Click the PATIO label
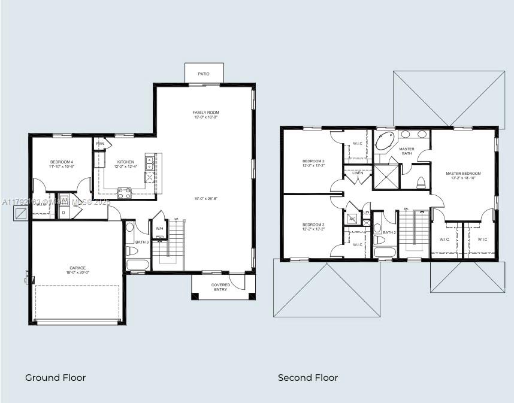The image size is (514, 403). click(x=204, y=74)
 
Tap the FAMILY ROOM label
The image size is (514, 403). click(x=205, y=113)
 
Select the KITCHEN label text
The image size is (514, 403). click(x=126, y=162)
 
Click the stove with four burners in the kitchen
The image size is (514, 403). click(x=125, y=193)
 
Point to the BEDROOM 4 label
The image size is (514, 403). click(x=61, y=162)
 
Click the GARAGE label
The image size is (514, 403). click(x=77, y=268)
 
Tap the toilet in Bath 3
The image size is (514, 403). click(x=131, y=250)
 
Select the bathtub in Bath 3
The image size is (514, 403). click(x=137, y=265)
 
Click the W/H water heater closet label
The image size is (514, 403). click(x=159, y=229)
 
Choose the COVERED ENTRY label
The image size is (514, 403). click(x=220, y=287)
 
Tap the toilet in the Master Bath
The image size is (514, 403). click(x=421, y=182)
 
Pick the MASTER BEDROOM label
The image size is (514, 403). click(x=463, y=174)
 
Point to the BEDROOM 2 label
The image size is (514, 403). click(x=313, y=161)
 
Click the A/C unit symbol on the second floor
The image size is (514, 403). click(x=352, y=219)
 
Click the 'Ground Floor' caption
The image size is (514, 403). click(x=55, y=378)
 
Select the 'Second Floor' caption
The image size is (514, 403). click(x=308, y=378)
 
